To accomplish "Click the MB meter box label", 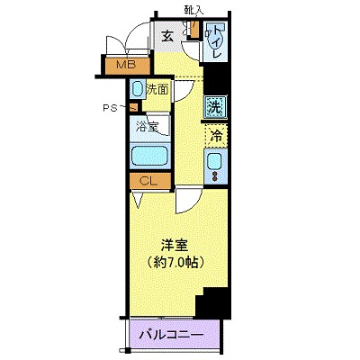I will tap(124, 65).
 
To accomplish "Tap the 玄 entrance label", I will tap(167, 37).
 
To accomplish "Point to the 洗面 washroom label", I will tap(157, 90).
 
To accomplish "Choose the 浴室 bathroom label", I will tap(148, 127).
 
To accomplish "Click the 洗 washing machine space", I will tap(215, 105).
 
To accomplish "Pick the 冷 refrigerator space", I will tap(216, 137).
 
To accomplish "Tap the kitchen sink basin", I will tap(214, 162).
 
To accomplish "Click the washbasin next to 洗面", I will tap(136, 90).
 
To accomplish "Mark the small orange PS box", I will tap(133, 109).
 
